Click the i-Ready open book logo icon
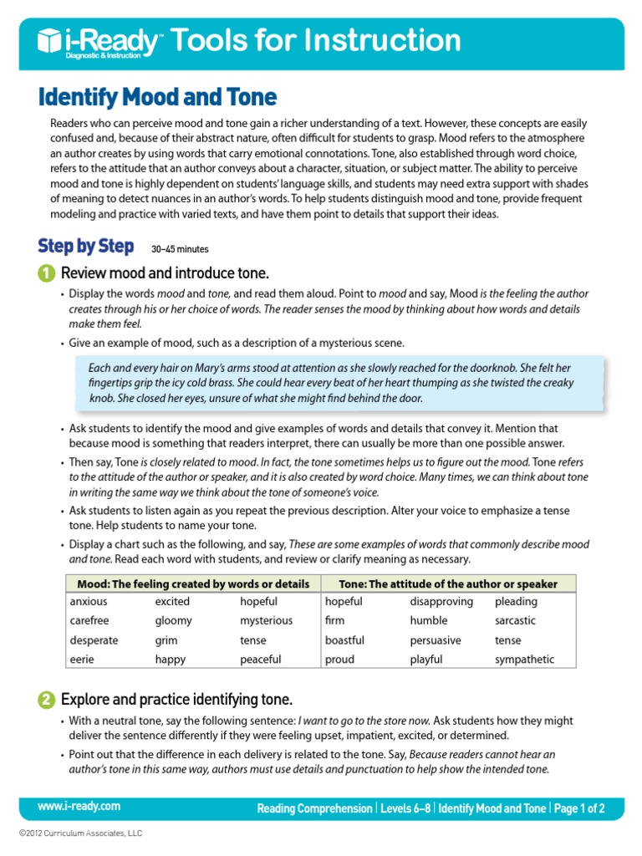click(x=50, y=40)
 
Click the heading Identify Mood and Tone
click(x=157, y=97)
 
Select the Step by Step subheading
click(x=85, y=246)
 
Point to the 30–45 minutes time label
click(x=180, y=249)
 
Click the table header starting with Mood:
click(x=192, y=583)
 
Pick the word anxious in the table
click(x=89, y=602)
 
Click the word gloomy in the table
click(x=173, y=621)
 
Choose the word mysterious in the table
click(x=266, y=621)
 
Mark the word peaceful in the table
click(x=261, y=660)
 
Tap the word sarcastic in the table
click(x=515, y=621)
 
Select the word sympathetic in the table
click(x=524, y=660)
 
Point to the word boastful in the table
click(x=344, y=640)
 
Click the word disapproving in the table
click(x=441, y=602)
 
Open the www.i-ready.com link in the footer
click(x=79, y=807)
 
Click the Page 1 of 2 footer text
click(x=578, y=808)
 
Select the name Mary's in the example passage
click(x=195, y=368)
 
